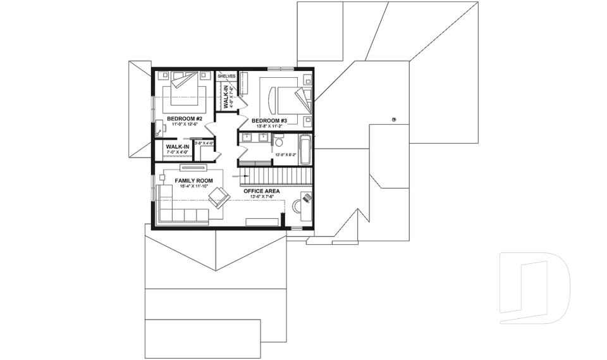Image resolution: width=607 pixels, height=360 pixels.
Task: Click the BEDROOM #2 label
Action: [185, 119]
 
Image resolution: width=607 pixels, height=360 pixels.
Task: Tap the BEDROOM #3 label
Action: [269, 120]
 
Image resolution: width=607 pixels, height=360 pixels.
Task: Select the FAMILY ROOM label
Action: [193, 180]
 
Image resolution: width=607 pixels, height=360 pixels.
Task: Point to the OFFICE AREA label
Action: [262, 190]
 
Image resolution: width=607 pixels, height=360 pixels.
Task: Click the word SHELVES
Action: [226, 76]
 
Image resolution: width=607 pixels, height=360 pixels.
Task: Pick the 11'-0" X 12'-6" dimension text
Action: [185, 125]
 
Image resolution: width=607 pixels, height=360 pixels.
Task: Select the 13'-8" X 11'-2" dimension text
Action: [269, 126]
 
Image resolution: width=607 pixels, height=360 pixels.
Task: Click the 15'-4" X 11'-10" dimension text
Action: [193, 187]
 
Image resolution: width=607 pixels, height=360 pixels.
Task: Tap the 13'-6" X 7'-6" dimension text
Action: [262, 197]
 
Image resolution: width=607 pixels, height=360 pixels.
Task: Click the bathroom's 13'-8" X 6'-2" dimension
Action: [286, 154]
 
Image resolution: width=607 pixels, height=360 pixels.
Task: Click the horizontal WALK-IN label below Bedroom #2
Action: [178, 146]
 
